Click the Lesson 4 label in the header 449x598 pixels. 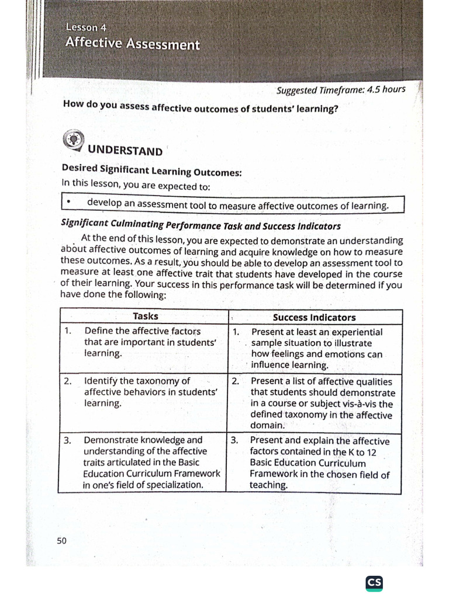pyautogui.click(x=85, y=26)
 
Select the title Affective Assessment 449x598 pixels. pyautogui.click(x=133, y=44)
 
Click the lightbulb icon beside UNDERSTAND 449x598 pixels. pyautogui.click(x=73, y=140)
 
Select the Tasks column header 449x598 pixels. pyautogui.click(x=145, y=317)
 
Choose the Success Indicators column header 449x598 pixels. pyautogui.click(x=315, y=317)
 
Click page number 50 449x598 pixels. pyautogui.click(x=62, y=540)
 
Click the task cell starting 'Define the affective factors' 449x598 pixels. pyautogui.click(x=143, y=342)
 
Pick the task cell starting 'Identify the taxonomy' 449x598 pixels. pyautogui.click(x=143, y=392)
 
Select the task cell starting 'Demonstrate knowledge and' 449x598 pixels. pyautogui.click(x=143, y=462)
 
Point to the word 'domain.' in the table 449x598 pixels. pyautogui.click(x=267, y=426)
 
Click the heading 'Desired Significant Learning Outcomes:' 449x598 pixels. pyautogui.click(x=151, y=171)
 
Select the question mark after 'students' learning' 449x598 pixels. pyautogui.click(x=336, y=109)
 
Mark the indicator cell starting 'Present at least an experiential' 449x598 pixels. pyautogui.click(x=316, y=349)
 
